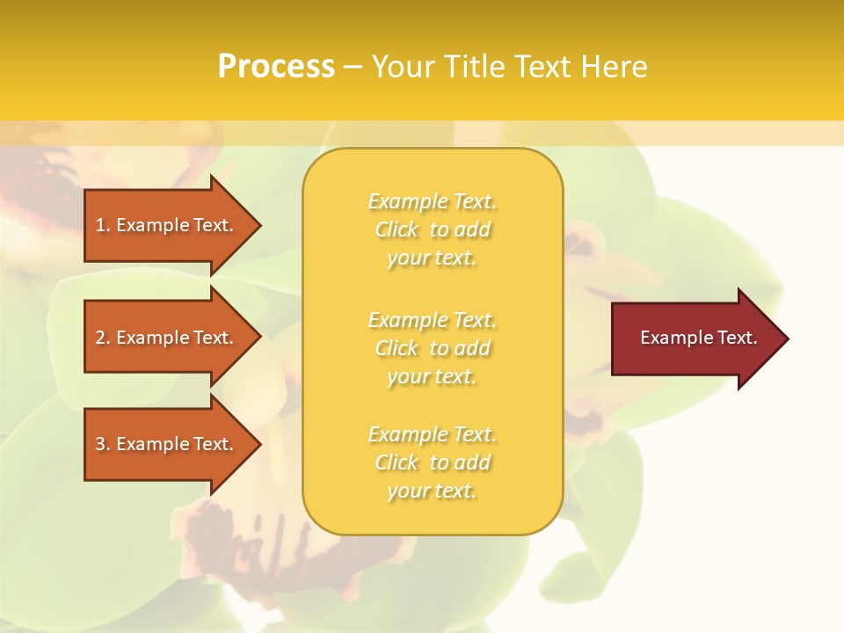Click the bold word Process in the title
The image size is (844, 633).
(x=276, y=67)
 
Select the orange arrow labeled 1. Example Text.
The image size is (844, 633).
(x=167, y=225)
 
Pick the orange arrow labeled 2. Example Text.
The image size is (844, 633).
(x=167, y=338)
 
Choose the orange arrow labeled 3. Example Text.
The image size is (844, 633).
(x=167, y=444)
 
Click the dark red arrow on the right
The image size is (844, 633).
(x=695, y=338)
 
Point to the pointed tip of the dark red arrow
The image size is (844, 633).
(x=786, y=338)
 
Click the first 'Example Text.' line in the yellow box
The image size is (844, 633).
(x=432, y=201)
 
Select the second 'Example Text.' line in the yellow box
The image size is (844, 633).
(x=432, y=320)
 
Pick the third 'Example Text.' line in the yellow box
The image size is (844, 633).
(x=432, y=434)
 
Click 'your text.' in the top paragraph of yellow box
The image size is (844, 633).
(x=432, y=258)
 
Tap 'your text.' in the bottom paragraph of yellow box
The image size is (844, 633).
(x=432, y=491)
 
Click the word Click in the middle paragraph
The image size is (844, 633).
(x=397, y=348)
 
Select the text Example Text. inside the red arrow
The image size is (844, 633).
(x=698, y=338)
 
